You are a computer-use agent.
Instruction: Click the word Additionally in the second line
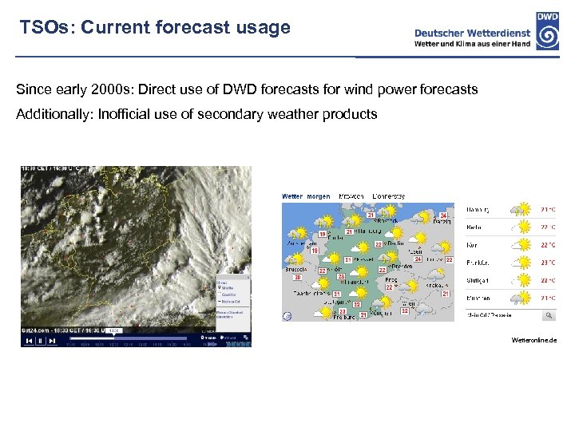pyautogui.click(x=51, y=114)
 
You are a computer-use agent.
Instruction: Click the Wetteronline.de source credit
pyautogui.click(x=534, y=340)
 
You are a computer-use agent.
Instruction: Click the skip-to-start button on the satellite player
pyautogui.click(x=30, y=341)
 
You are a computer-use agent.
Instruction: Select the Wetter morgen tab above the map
pyautogui.click(x=306, y=196)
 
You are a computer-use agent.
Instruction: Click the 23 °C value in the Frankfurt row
pyautogui.click(x=548, y=262)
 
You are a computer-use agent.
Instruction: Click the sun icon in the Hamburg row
pyautogui.click(x=522, y=210)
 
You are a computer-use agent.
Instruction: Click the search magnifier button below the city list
pyautogui.click(x=549, y=315)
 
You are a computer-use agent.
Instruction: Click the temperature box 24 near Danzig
pyautogui.click(x=443, y=215)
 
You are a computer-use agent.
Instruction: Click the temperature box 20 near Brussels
pyautogui.click(x=298, y=277)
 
